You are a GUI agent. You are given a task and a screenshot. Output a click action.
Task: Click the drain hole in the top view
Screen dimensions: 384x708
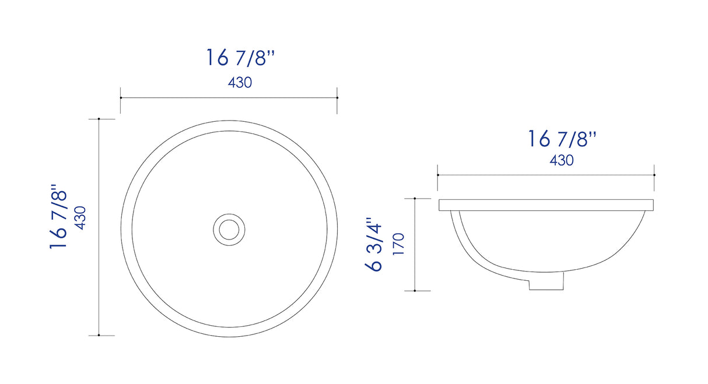pos(229,228)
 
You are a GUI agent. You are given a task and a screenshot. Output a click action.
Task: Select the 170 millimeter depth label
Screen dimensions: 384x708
pos(398,245)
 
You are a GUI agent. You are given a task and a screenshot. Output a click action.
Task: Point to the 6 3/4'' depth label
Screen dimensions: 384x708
pos(374,245)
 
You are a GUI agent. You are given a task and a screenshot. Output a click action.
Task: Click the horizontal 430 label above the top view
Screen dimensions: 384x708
pos(240,83)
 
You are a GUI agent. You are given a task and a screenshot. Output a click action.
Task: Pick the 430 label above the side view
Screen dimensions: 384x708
pos(562,160)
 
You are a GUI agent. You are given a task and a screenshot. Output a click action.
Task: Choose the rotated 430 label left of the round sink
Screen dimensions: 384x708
pos(80,217)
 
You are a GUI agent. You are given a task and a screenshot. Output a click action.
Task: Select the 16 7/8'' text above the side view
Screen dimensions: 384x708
pos(563,139)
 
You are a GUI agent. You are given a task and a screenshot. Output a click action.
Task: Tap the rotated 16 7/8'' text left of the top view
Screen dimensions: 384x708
pos(60,217)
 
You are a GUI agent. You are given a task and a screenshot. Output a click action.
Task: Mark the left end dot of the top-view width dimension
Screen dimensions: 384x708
pos(121,97)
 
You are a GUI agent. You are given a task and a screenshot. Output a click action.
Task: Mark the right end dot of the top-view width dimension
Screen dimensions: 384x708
pos(337,97)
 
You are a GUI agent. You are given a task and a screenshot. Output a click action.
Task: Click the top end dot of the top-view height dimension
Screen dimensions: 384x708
pos(99,119)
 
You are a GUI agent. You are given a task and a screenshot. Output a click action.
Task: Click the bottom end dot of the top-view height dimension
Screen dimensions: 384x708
pos(99,335)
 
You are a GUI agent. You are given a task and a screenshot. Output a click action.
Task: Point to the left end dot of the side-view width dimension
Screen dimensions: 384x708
pos(438,174)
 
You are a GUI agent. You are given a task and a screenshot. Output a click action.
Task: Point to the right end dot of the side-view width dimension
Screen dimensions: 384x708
pos(654,174)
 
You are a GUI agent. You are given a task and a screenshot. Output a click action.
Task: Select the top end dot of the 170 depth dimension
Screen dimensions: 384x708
pos(415,199)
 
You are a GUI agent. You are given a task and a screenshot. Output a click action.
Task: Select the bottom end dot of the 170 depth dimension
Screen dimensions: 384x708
pos(415,290)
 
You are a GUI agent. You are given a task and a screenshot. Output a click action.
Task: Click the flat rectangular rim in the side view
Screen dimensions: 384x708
pos(546,205)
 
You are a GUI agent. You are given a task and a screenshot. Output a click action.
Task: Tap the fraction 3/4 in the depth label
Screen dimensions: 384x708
pos(374,239)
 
